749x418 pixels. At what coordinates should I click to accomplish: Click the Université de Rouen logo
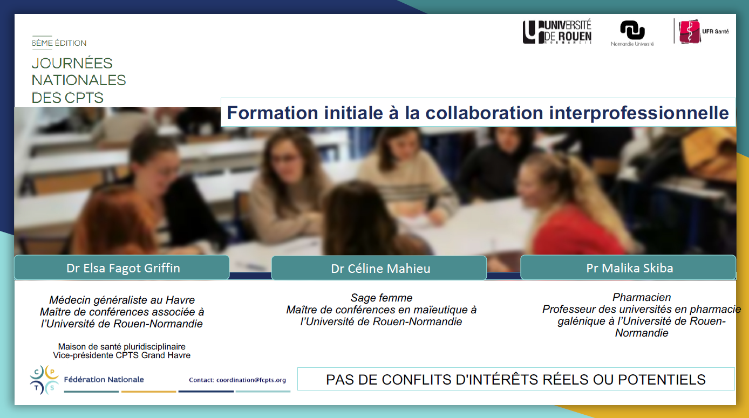coord(557,32)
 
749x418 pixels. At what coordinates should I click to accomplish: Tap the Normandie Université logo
coord(632,33)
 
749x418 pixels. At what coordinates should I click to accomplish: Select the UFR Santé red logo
coord(690,31)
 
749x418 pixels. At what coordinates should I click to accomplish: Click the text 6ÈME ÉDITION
coord(59,43)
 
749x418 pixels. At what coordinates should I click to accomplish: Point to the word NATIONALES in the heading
coord(79,80)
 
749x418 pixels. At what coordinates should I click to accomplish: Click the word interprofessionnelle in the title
coord(639,113)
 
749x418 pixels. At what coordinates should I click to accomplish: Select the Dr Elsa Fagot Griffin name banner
coord(122,268)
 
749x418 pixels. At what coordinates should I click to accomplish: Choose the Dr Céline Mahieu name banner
coord(379,268)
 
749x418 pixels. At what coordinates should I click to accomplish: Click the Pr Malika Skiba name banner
coord(628,268)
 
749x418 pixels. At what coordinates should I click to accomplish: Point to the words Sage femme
coord(381,298)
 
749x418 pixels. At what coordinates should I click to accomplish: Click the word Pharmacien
coord(641,297)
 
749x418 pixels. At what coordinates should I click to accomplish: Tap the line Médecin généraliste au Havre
coord(122,300)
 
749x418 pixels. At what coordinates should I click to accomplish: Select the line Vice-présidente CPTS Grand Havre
coord(122,355)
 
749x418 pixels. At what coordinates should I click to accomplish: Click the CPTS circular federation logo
coord(44,380)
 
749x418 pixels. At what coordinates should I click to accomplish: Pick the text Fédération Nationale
coord(104,380)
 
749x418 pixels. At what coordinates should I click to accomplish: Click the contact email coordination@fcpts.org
coord(251,380)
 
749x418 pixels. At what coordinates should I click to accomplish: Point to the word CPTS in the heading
coord(84,98)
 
